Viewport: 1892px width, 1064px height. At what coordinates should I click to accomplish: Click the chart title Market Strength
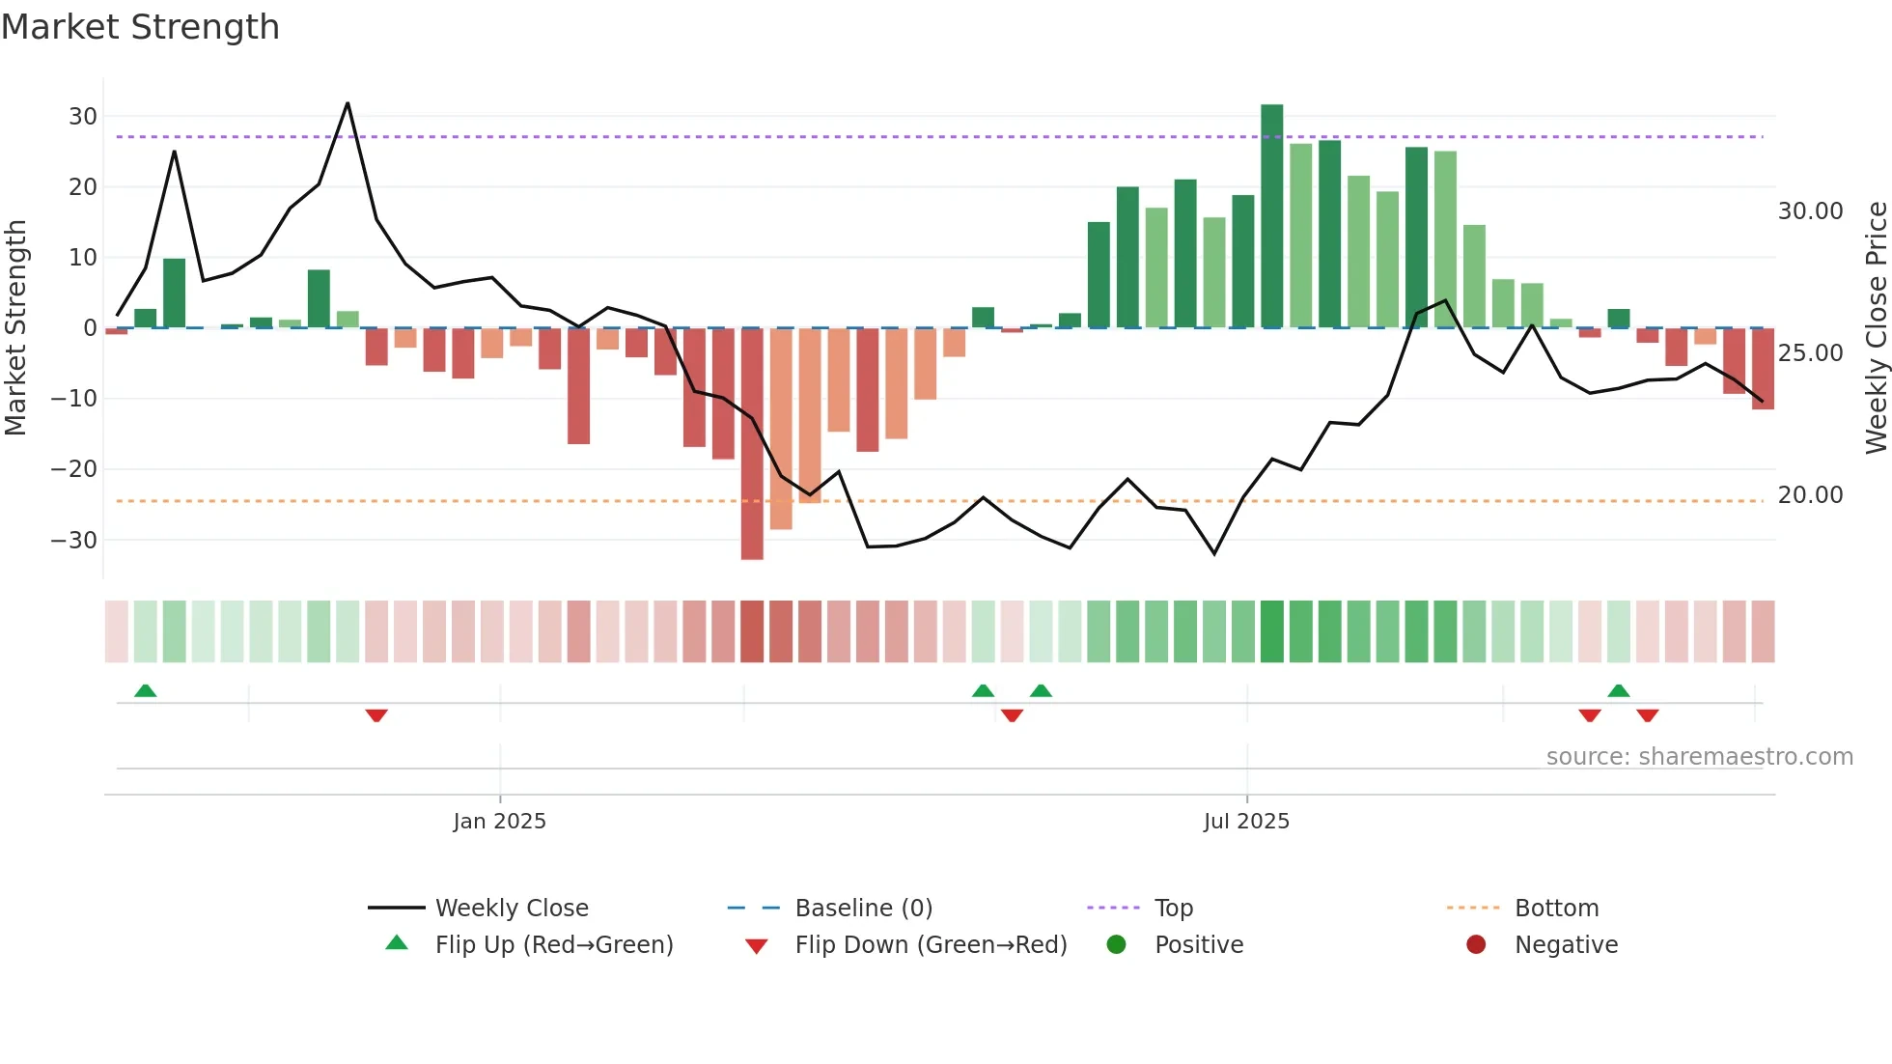point(140,27)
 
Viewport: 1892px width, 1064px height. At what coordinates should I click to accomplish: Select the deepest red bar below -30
point(752,444)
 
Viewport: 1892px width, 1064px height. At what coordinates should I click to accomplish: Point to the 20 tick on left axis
point(83,187)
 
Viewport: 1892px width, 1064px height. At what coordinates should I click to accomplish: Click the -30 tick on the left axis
point(74,541)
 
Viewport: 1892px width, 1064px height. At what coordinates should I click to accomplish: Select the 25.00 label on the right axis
point(1810,353)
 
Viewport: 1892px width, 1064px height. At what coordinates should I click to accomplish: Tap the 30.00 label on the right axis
point(1810,211)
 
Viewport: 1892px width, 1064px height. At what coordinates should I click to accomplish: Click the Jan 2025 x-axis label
point(499,822)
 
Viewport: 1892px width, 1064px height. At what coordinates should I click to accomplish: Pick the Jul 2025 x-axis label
point(1246,822)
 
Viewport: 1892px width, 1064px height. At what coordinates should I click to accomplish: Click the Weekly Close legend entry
point(511,909)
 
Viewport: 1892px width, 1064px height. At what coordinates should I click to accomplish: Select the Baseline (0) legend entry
point(863,909)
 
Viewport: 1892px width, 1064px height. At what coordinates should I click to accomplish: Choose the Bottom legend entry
point(1556,909)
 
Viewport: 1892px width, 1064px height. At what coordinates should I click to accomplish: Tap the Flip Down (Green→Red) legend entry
point(931,945)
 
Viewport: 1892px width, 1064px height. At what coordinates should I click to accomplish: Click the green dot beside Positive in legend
point(1116,945)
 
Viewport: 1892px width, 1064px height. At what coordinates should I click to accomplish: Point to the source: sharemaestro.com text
point(1699,757)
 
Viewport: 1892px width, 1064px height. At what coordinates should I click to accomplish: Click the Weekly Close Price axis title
point(1876,328)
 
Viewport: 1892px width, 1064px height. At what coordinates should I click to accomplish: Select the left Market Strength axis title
point(15,328)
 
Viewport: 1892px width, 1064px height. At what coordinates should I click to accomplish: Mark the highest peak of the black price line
point(348,104)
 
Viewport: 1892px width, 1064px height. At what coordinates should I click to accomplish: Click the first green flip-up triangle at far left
point(145,691)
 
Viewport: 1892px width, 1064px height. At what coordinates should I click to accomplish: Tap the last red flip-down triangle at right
point(1647,715)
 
